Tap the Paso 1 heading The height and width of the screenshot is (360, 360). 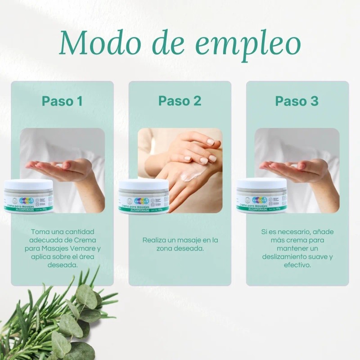point(62,101)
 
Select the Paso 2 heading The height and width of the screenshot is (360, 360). point(180,101)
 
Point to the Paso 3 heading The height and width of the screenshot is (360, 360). point(297,101)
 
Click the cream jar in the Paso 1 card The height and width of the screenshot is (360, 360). point(28,197)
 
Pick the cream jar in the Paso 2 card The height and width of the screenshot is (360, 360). point(144,197)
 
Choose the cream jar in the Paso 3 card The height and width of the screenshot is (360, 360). point(261,197)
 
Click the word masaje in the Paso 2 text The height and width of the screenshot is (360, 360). point(191,240)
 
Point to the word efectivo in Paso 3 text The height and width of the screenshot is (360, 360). point(297,265)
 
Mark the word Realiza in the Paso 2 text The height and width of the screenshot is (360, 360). point(154,240)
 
